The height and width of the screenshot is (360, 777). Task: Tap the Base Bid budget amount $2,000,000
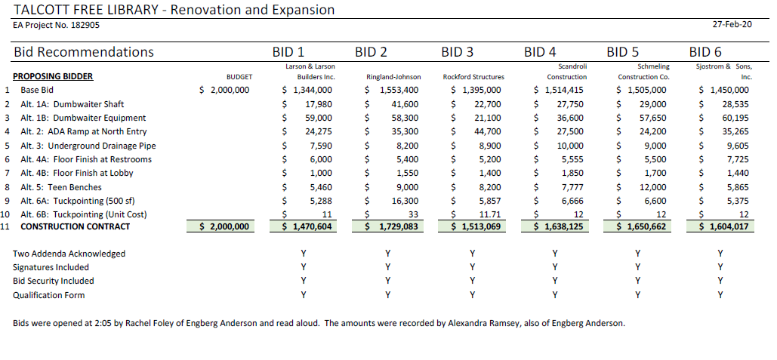pos(224,90)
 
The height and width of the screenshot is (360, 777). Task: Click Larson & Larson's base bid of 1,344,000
pos(307,90)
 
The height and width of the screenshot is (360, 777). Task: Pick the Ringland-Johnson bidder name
pos(393,77)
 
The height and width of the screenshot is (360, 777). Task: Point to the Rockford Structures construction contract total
pos(476,227)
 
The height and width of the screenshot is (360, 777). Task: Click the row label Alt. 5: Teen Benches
pos(61,187)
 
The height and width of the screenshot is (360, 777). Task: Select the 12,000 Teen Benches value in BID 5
pos(653,187)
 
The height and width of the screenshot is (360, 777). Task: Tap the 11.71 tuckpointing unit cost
pos(490,215)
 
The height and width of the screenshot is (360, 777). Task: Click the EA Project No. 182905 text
pos(56,25)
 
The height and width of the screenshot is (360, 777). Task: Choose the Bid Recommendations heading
pos(84,52)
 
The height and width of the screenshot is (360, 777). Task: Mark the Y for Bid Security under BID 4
pos(555,281)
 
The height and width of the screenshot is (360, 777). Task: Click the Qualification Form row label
pos(48,295)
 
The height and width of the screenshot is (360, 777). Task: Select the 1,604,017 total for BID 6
pos(726,227)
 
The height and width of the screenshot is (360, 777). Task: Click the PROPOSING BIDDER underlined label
pos(53,77)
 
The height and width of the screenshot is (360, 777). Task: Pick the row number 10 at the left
pos(5,215)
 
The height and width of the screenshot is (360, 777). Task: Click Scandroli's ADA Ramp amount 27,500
pos(570,132)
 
